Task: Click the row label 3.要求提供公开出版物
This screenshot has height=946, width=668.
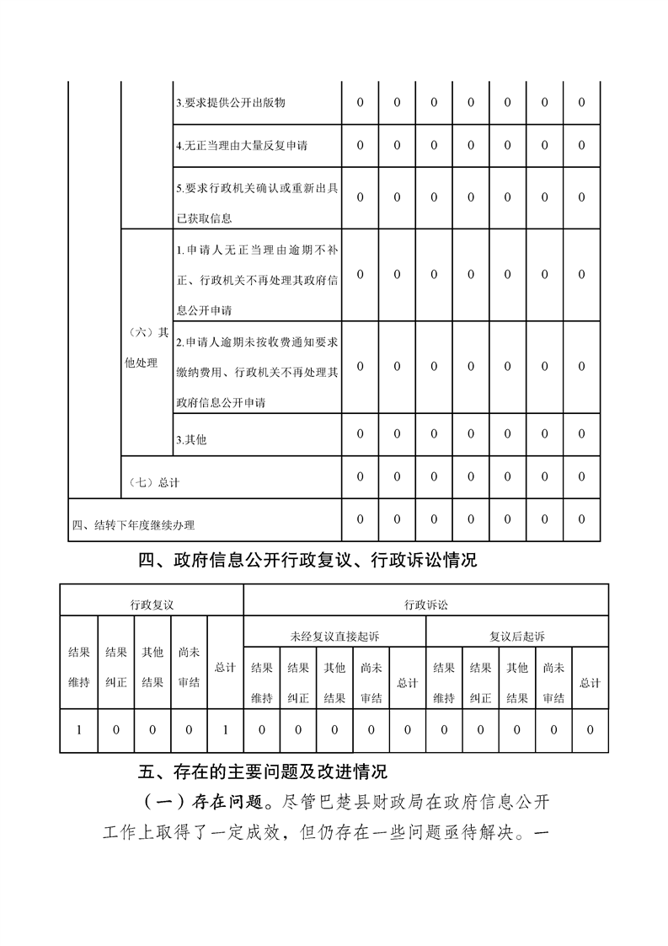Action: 230,103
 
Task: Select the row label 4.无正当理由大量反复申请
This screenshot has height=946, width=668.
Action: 242,146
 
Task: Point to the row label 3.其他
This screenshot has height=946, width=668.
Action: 191,440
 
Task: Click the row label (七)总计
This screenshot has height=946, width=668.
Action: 154,482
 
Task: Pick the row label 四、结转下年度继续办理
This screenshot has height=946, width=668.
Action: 133,525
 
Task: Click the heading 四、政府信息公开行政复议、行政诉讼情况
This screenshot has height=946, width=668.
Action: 307,560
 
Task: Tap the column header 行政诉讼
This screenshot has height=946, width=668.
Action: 425,605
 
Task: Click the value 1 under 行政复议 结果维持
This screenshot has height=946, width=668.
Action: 79,729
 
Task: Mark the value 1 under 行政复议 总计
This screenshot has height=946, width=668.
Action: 225,729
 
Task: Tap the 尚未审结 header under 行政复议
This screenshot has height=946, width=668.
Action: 189,667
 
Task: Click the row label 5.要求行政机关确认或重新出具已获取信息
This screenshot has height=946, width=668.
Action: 257,203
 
